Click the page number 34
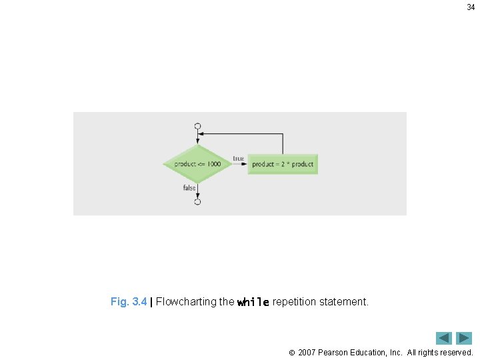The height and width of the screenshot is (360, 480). (x=471, y=7)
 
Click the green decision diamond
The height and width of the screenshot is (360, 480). (x=197, y=164)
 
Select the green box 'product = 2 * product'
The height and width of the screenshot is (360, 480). (x=283, y=164)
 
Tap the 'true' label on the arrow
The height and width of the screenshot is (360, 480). (x=238, y=158)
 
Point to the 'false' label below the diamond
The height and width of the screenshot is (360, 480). (x=189, y=188)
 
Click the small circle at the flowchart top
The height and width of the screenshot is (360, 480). (x=197, y=126)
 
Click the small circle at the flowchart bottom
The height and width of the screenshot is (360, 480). (x=197, y=202)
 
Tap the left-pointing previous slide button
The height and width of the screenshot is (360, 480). (x=444, y=338)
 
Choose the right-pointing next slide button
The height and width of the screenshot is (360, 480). (x=464, y=338)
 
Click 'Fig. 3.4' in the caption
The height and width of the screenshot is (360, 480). (x=129, y=302)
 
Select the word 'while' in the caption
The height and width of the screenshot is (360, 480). (x=253, y=303)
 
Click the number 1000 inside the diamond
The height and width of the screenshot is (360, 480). (x=214, y=164)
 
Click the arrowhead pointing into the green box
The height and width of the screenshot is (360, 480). (x=245, y=164)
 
